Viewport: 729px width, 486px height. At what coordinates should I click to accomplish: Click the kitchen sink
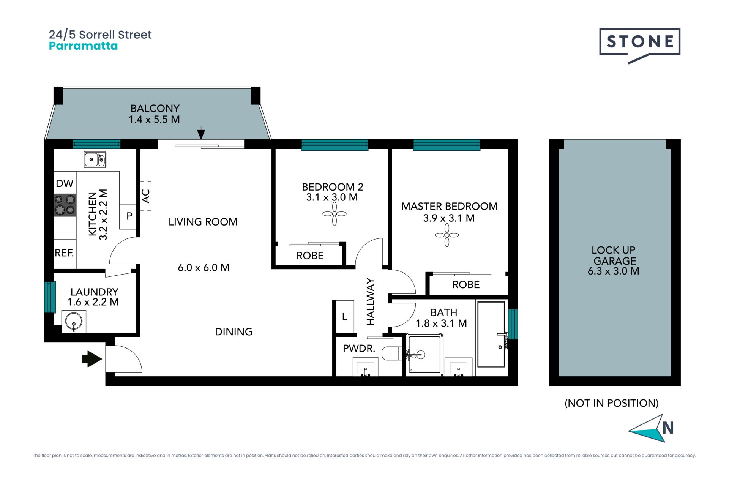[x=95, y=159]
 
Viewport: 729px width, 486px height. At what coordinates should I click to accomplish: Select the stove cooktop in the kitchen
[x=65, y=205]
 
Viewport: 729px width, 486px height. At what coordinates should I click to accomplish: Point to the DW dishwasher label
[x=65, y=183]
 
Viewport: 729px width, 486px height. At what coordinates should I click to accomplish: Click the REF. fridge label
[x=64, y=253]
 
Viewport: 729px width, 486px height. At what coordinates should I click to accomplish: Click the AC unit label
[x=146, y=196]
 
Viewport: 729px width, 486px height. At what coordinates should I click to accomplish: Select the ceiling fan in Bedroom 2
[x=335, y=214]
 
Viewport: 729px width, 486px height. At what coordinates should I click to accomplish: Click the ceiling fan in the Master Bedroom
[x=447, y=235]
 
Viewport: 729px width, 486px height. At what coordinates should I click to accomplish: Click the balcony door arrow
[x=201, y=133]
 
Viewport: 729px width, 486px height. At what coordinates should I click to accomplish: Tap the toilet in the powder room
[x=391, y=353]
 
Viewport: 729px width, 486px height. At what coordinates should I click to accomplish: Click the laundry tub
[x=74, y=321]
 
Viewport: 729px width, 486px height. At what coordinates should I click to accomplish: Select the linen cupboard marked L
[x=345, y=317]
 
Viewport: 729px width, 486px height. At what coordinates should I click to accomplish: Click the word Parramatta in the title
[x=84, y=46]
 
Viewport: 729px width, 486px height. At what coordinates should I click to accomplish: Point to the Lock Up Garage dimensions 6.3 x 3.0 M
[x=614, y=271]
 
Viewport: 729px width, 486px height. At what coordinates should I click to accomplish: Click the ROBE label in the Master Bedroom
[x=466, y=285]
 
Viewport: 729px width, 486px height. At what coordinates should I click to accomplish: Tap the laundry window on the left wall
[x=50, y=297]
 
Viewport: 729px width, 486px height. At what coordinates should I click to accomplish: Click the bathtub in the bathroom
[x=491, y=335]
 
